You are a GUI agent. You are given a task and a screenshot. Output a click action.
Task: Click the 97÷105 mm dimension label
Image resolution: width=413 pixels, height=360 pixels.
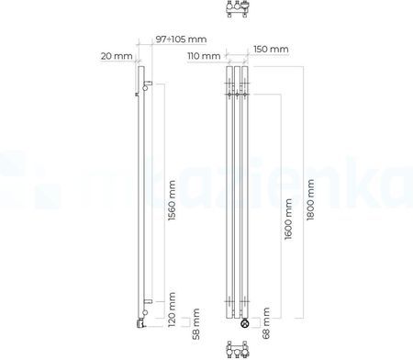point(181,39)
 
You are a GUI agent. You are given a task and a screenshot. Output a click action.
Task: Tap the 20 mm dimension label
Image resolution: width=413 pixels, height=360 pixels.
point(117,56)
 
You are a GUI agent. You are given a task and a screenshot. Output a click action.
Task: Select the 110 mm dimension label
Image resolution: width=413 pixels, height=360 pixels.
point(204,56)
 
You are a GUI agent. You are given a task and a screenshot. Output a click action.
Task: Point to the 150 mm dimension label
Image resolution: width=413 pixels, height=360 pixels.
point(271,49)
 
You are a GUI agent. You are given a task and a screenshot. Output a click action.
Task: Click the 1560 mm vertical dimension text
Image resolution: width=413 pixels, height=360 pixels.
point(173,200)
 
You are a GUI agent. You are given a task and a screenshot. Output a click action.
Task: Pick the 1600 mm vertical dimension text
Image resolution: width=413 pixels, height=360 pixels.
point(288,219)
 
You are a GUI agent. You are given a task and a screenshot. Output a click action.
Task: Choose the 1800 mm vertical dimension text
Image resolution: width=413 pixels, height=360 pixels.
point(310,199)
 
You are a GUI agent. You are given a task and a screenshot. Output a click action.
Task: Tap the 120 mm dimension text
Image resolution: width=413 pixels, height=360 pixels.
point(173,309)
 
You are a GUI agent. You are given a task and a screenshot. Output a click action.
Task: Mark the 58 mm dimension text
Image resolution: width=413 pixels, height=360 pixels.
point(196,324)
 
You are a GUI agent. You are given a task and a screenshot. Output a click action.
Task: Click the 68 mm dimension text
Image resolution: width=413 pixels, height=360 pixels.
point(266,323)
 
